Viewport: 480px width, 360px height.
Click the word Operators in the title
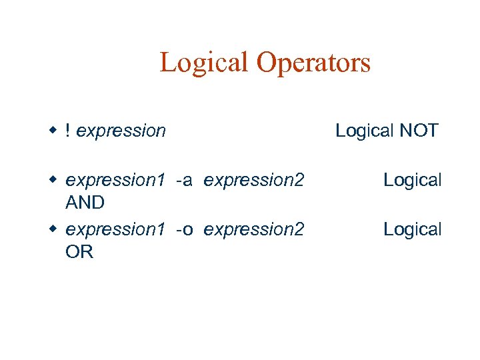[313, 63]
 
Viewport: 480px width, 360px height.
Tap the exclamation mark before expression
[69, 131]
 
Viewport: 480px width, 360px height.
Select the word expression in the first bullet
[121, 131]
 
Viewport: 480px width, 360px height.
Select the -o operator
[185, 229]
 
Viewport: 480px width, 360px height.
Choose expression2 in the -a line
[254, 180]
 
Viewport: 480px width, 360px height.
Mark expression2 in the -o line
[254, 229]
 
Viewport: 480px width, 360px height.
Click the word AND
[85, 202]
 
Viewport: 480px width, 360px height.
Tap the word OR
[79, 251]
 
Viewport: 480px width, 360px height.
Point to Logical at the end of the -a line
[412, 180]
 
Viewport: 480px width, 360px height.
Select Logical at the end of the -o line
[412, 229]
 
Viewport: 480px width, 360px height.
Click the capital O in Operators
[266, 63]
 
